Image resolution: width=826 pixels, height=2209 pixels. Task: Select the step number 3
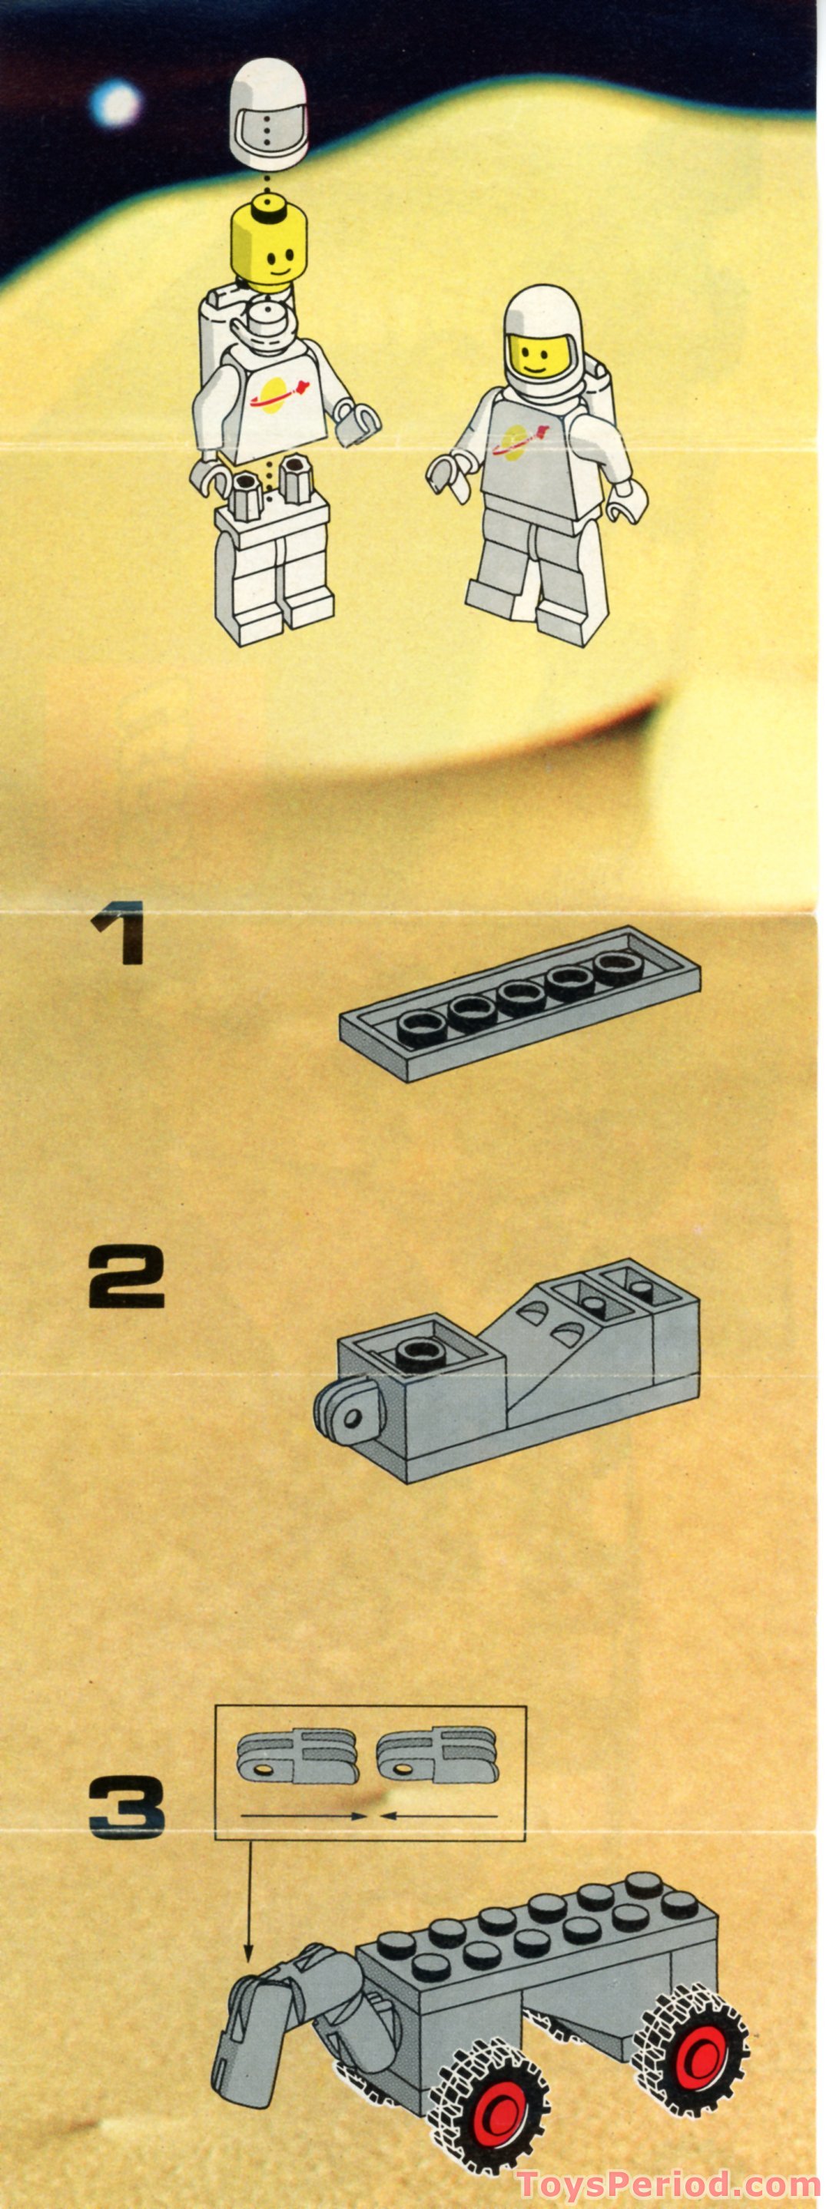126,1807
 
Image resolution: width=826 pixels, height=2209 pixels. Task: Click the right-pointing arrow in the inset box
304,1814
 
